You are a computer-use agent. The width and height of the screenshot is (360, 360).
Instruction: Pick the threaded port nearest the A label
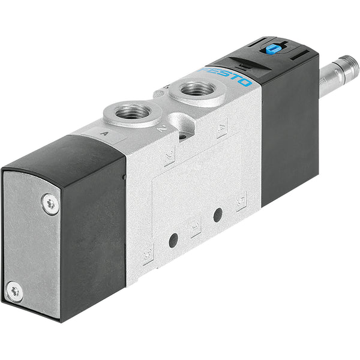[133, 111]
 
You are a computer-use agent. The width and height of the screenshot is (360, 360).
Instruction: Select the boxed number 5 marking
[241, 199]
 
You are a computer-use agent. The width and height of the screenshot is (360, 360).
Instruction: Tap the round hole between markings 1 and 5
[218, 214]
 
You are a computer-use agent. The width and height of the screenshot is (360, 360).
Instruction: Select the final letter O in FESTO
[245, 82]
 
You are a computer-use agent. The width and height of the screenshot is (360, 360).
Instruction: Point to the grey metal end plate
[30, 246]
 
